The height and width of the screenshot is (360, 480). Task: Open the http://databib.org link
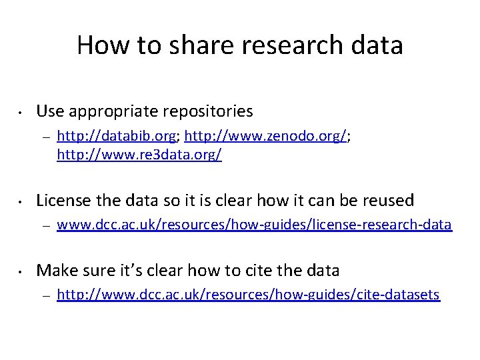117,137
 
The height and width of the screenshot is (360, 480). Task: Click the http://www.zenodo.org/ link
266,137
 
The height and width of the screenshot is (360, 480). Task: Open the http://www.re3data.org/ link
139,155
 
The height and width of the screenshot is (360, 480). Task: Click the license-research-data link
254,225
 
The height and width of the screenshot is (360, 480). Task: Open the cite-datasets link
248,294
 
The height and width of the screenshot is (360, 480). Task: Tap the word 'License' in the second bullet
61,200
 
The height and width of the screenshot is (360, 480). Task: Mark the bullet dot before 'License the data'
21,201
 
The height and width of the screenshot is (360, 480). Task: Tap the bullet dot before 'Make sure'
21,271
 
